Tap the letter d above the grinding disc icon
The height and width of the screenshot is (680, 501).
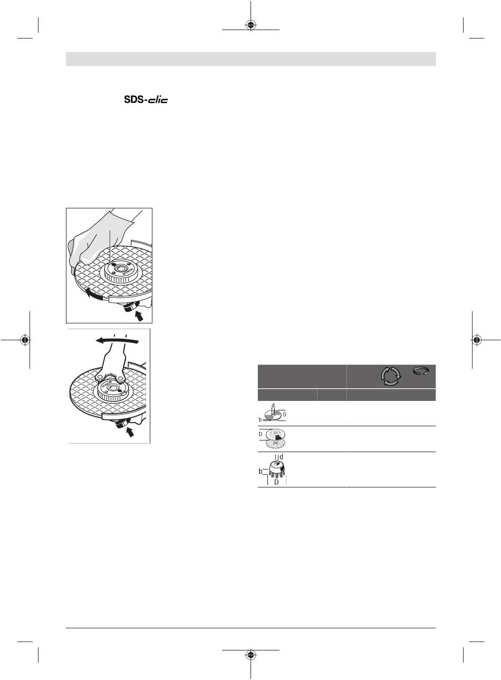pos(273,405)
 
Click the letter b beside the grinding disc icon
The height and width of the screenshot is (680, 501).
pos(261,419)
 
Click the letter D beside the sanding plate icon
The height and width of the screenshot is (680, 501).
pos(261,433)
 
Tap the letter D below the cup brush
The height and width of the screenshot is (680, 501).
pos(276,482)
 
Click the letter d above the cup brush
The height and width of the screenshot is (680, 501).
pos(281,456)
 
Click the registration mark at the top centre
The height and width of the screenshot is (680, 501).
pos(250,25)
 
